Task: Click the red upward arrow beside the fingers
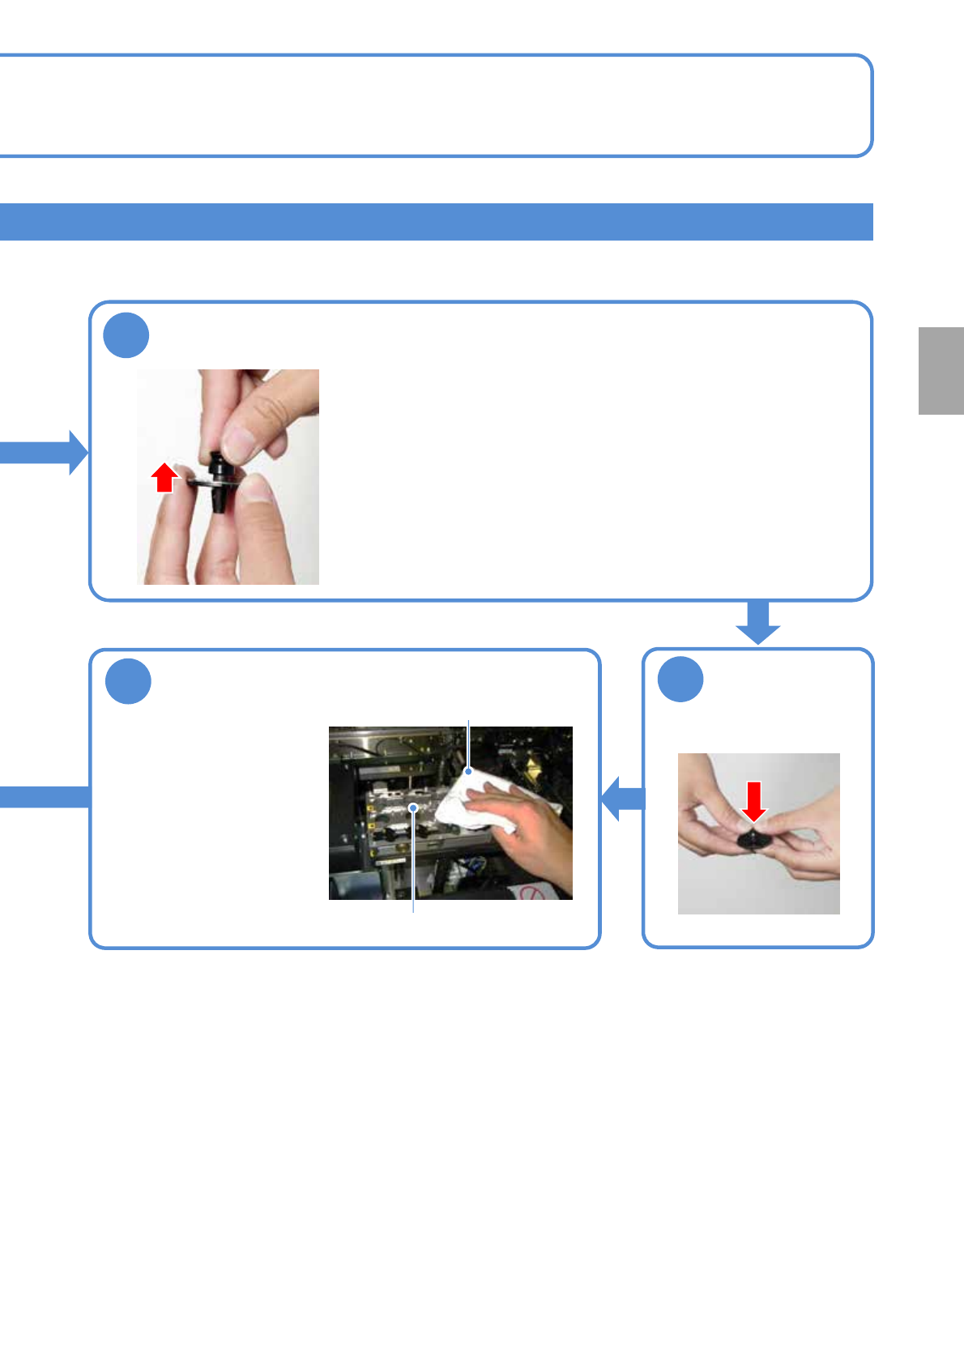[x=164, y=477]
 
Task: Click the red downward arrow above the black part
[x=754, y=800]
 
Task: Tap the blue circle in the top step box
[x=126, y=336]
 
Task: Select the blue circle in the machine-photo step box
[x=128, y=681]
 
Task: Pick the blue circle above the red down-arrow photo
[x=680, y=680]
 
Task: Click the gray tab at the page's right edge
[x=941, y=371]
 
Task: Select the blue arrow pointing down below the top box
[x=757, y=622]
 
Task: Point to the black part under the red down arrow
[x=754, y=839]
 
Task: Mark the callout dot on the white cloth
[x=468, y=772]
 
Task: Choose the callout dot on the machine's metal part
[x=413, y=807]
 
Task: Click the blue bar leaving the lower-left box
[x=45, y=797]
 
